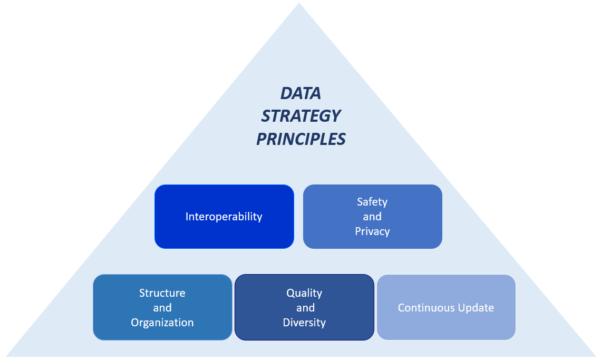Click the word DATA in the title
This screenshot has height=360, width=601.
coord(300,93)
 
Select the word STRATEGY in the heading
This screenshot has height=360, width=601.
coord(301,116)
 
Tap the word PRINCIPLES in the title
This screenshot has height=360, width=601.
coord(301,139)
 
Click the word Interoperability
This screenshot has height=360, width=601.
coord(224,217)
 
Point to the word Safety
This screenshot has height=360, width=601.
coord(372,202)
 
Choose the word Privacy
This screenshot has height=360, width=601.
coord(372,231)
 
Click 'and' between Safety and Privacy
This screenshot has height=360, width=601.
coord(372,217)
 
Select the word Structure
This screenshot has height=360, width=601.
coord(162,293)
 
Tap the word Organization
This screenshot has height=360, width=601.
coord(162,323)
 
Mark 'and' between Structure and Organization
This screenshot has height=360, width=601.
coord(162,308)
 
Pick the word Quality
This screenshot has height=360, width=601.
coord(304,293)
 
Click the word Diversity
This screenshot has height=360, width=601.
coord(304,323)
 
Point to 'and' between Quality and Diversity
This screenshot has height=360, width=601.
coord(305,308)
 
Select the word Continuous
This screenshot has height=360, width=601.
coord(425,308)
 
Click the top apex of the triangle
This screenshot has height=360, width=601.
coord(299,3)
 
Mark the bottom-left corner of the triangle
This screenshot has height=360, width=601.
coord(6,356)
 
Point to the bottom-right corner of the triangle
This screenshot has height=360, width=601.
coord(596,356)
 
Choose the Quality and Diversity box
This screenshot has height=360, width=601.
coord(304,307)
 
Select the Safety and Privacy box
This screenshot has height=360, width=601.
coord(373,217)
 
